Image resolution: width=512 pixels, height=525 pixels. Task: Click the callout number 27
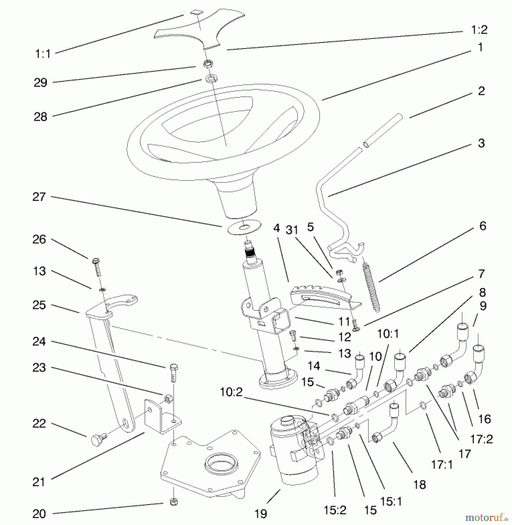[39, 197]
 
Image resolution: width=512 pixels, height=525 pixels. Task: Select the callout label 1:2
[479, 30]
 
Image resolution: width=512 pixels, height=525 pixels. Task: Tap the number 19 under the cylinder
[260, 514]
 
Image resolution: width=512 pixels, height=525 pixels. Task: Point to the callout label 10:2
[231, 392]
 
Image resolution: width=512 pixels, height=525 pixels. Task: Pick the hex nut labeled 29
[208, 64]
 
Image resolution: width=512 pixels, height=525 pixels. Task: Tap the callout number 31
[292, 230]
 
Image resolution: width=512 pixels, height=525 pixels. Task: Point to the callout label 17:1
[441, 465]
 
